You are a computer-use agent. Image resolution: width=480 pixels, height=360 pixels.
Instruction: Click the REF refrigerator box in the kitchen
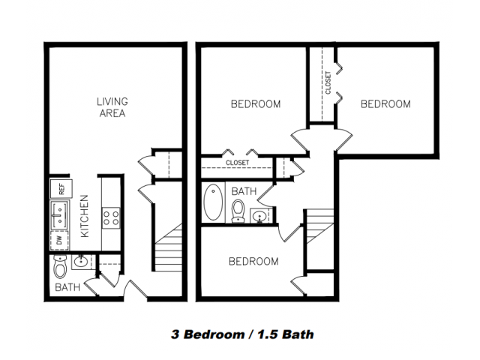61,189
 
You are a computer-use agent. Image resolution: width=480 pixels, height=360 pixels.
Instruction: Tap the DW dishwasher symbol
59,240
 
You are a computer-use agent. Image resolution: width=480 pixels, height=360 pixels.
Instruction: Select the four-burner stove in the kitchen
111,218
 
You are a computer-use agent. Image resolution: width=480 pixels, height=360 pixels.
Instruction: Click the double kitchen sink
60,214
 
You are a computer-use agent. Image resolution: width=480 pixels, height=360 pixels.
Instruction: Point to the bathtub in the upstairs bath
213,202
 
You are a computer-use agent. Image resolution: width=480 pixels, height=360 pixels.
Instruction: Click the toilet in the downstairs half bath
60,267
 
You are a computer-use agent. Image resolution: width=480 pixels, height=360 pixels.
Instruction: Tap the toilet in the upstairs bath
238,211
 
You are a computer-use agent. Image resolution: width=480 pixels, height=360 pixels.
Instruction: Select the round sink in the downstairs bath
81,262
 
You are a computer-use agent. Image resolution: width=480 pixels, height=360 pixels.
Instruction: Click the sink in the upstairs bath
260,216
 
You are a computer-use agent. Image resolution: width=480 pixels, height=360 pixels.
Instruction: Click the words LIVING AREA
112,107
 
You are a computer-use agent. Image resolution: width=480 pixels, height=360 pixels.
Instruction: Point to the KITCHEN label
85,216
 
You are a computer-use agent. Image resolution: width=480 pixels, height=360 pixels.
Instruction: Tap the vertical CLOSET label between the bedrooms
328,82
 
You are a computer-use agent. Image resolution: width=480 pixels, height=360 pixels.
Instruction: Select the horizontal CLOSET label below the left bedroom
237,163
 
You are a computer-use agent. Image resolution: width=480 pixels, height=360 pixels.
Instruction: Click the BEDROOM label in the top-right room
385,104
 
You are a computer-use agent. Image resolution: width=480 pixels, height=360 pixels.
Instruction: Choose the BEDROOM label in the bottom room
253,262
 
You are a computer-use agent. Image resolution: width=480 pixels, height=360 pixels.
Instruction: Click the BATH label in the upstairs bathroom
244,191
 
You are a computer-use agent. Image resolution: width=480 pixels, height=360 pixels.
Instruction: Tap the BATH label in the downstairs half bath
67,287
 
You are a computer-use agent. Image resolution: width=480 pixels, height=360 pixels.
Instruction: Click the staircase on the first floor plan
168,248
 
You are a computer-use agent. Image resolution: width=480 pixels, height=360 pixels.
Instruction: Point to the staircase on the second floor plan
320,226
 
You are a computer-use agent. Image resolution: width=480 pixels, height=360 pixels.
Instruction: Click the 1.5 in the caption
268,334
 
